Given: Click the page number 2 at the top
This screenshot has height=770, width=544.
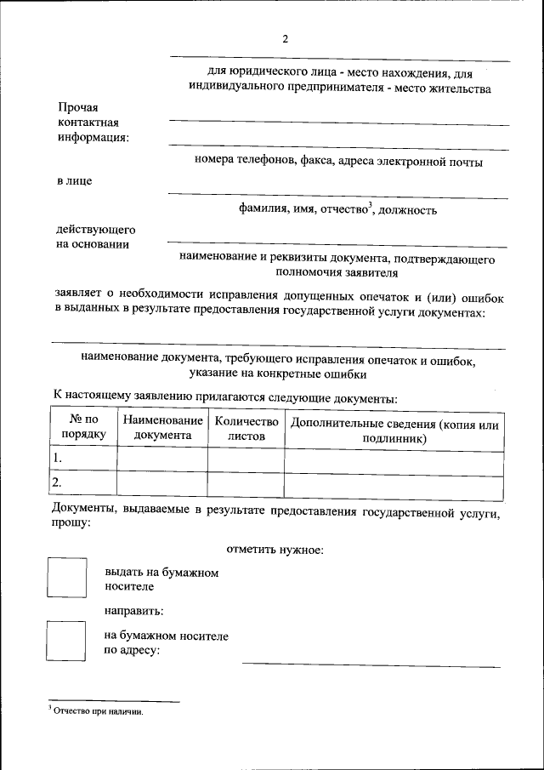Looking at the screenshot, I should pos(286,39).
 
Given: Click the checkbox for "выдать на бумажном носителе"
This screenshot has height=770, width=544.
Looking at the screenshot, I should pos(66,579).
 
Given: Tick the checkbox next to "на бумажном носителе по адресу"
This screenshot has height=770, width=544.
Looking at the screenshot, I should pos(66,642).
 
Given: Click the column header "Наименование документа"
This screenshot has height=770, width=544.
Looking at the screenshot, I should pos(162,427).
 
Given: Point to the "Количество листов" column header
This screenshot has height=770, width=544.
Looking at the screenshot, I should pos(246,427).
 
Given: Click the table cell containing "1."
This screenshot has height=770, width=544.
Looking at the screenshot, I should pos(83,459).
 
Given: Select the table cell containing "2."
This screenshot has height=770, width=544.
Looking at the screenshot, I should pos(83,483).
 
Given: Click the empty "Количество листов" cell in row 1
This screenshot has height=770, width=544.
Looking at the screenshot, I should pos(246,459).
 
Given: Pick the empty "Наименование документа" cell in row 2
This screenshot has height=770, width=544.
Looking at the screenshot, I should pos(162,483).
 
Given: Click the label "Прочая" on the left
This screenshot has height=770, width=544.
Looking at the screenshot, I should pos(78,108).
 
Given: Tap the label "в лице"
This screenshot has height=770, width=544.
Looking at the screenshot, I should pos(75,180).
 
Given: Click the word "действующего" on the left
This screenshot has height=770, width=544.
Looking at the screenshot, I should pos(96,230).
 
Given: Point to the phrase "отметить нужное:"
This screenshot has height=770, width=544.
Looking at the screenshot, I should pos(275,550).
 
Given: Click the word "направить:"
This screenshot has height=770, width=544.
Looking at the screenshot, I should pos(134,611).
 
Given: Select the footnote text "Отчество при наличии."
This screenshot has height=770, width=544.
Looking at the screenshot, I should pos(99,711).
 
